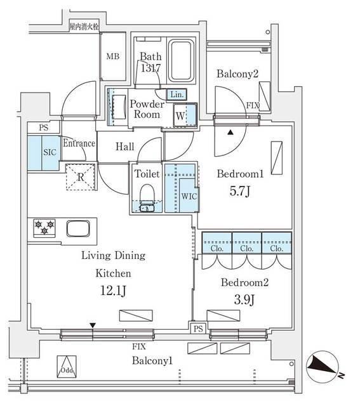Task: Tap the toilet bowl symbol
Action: coord(146,194)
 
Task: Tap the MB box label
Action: coord(112,56)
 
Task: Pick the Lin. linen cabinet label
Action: coord(177,95)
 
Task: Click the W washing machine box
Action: coord(181,116)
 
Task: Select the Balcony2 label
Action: coord(237,74)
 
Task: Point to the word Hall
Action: coord(124,147)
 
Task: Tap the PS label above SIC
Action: coord(43,127)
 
